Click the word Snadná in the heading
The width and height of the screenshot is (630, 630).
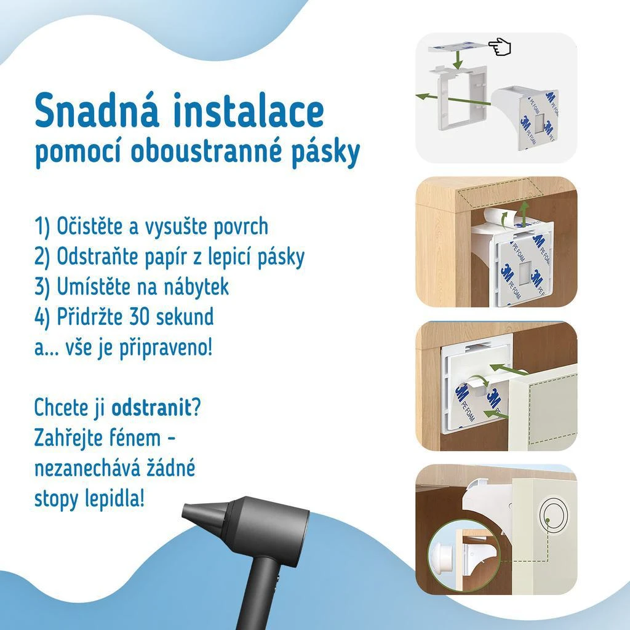tap(97, 110)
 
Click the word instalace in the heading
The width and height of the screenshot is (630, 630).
tap(249, 110)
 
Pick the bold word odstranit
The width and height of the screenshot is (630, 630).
tap(151, 408)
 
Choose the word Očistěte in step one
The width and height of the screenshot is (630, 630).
tap(90, 226)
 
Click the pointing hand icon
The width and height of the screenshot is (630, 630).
tap(500, 47)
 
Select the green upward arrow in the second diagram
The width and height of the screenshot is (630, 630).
tap(523, 215)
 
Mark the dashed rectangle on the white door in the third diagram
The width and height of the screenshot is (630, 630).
tap(552, 414)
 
